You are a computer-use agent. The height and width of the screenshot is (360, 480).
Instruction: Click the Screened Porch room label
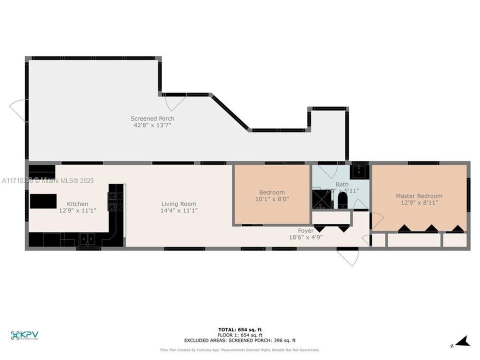(152, 118)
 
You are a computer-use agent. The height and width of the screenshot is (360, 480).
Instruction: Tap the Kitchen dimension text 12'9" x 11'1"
(77, 210)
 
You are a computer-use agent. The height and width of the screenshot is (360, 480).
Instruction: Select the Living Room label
(178, 203)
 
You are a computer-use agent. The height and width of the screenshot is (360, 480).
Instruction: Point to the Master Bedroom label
(419, 196)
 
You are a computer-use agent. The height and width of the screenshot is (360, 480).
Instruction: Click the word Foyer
(305, 230)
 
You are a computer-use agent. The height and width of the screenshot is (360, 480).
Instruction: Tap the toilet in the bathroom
(342, 201)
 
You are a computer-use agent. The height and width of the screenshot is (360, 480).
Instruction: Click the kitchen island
(43, 201)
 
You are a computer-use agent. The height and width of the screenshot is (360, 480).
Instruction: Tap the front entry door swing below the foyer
(348, 257)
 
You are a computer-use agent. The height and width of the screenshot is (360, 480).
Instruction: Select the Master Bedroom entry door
(376, 220)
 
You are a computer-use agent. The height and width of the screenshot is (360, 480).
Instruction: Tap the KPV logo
(24, 335)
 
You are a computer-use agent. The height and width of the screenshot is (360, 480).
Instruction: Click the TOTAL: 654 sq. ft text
(240, 329)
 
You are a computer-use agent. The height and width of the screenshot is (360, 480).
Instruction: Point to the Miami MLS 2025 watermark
(47, 180)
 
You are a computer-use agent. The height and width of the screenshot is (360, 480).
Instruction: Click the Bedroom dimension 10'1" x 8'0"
(271, 199)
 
